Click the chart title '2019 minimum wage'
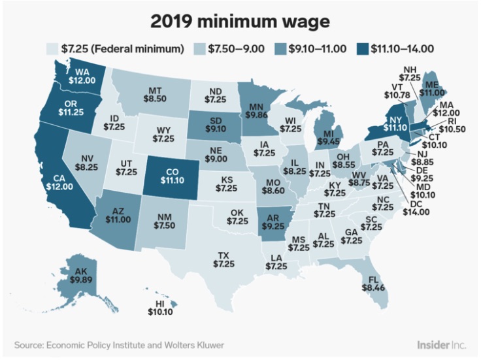point(241,22)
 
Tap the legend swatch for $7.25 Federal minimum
point(52,49)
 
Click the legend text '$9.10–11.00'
point(317,49)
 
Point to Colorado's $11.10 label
point(173,176)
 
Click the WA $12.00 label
point(82,76)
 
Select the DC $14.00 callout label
point(416,208)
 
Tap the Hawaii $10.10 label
point(160,308)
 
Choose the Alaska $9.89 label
point(81,275)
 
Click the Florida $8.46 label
point(373,284)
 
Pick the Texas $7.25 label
point(224,259)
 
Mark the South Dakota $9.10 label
point(216,125)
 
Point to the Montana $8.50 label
point(155,95)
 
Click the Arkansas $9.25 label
point(273,221)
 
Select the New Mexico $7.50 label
point(164,221)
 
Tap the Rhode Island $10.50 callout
point(452,125)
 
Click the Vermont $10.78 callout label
point(397,91)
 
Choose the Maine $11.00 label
point(432,89)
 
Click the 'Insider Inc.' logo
point(441,345)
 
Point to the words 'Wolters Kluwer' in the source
point(194,345)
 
